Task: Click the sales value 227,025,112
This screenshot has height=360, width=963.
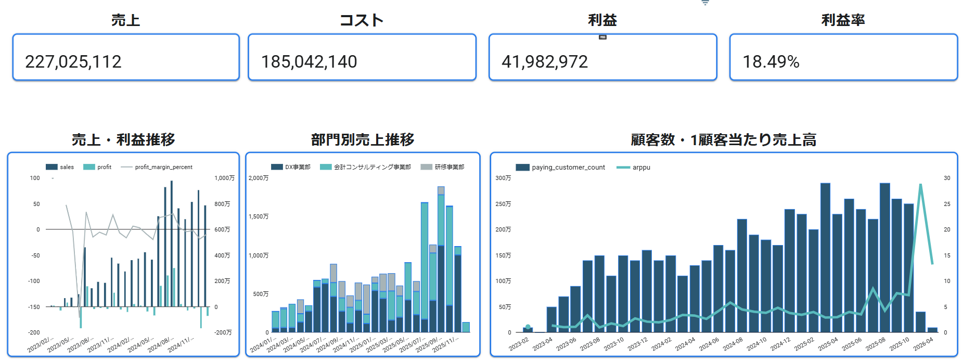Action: click(x=73, y=62)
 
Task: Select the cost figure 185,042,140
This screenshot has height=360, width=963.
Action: click(x=309, y=62)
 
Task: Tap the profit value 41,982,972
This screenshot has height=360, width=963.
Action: click(x=545, y=62)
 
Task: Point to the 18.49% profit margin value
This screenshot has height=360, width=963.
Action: click(x=771, y=62)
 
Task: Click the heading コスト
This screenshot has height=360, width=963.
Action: click(x=362, y=20)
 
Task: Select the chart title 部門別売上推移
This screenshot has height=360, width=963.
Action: click(x=363, y=139)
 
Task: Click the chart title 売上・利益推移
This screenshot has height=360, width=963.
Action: click(x=123, y=139)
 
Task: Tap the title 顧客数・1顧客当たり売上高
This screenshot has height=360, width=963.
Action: click(x=723, y=139)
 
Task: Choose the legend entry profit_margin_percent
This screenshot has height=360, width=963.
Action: click(x=163, y=167)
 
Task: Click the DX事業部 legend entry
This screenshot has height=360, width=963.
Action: click(x=297, y=167)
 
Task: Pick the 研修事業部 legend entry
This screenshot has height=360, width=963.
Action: click(x=449, y=167)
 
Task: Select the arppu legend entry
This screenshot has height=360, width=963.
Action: click(x=641, y=168)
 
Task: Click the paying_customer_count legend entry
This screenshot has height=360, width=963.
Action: click(x=568, y=168)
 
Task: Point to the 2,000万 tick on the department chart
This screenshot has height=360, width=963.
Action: click(x=259, y=178)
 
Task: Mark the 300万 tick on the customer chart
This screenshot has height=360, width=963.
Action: click(x=503, y=178)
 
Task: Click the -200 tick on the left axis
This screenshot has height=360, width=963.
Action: click(x=34, y=332)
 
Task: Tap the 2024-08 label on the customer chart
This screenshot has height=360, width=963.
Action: click(x=733, y=344)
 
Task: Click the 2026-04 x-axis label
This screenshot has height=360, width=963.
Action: click(x=923, y=344)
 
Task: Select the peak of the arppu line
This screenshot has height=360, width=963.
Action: click(x=920, y=184)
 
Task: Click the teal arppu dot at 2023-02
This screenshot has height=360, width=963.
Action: click(x=528, y=327)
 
